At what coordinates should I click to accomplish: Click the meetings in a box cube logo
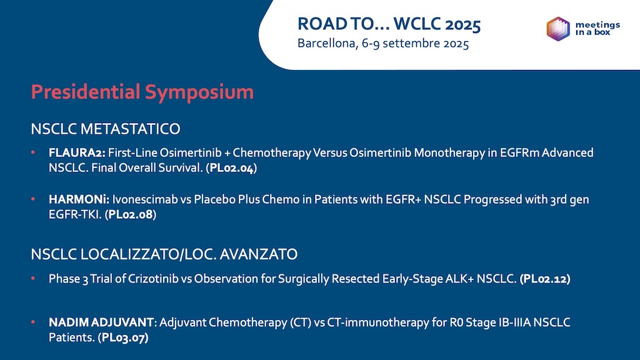pos(558,29)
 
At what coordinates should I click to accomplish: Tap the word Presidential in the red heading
pos(86,91)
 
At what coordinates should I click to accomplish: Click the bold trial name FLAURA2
pos(77,152)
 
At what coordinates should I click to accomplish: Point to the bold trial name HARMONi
pos(79,199)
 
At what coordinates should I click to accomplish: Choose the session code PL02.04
pos(232,168)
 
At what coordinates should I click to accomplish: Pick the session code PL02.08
pos(131,215)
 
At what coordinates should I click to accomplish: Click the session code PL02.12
pos(545,279)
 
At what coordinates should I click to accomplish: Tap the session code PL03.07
pos(123,337)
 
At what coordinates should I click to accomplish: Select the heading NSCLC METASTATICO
pos(105,129)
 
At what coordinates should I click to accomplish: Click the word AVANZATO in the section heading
pos(258,254)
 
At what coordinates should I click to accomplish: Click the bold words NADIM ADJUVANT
pos(101,322)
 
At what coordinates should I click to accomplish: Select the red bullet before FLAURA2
pos(33,152)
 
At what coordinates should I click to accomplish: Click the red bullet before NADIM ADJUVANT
pos(33,322)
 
